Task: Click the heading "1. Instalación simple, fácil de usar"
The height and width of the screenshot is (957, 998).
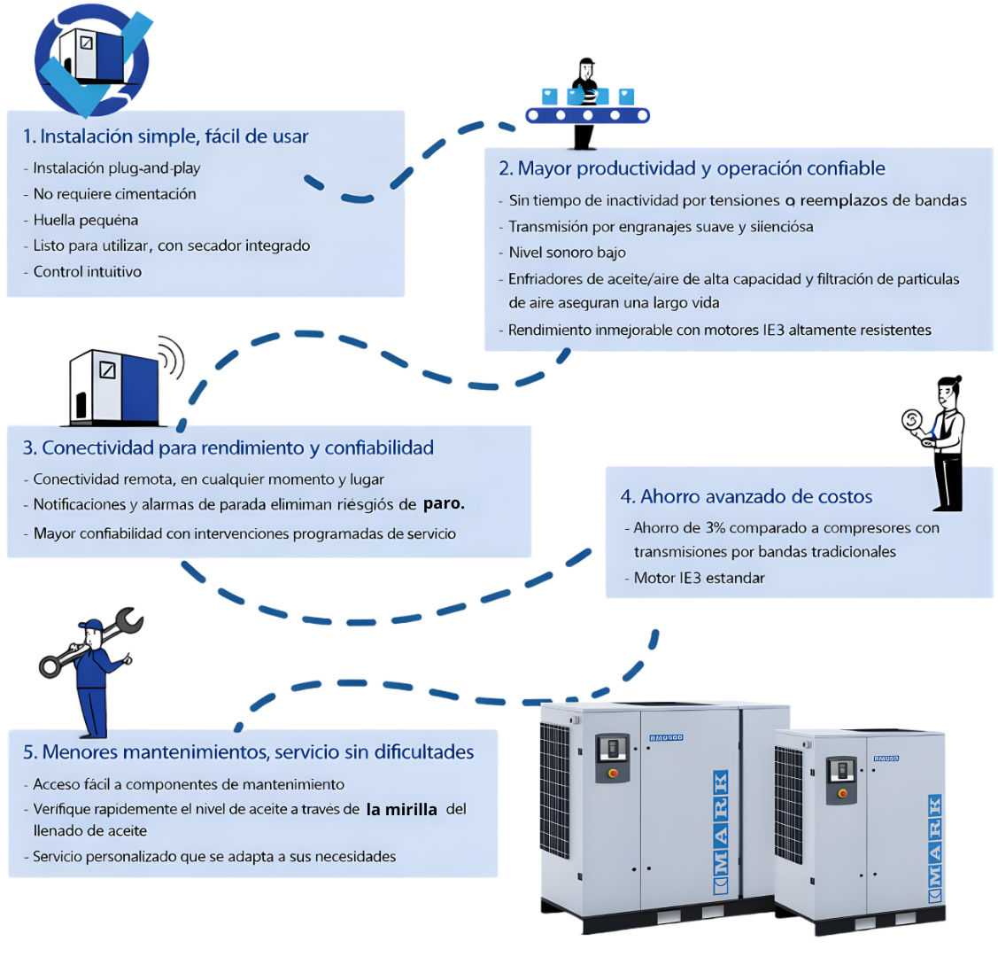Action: (166, 136)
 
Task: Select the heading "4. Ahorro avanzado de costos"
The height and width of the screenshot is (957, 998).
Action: (747, 497)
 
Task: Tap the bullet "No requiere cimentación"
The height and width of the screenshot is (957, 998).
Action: (114, 194)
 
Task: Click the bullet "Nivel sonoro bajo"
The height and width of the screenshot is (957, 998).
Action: (567, 253)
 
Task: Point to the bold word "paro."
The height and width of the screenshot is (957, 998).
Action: (444, 504)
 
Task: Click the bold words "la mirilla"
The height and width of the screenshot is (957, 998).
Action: (401, 809)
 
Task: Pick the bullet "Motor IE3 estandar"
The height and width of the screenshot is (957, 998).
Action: (699, 578)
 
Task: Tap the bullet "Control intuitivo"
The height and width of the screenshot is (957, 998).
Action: (87, 272)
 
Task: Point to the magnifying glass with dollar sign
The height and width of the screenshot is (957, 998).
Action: (913, 420)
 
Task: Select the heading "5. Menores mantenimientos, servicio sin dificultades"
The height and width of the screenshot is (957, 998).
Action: (248, 752)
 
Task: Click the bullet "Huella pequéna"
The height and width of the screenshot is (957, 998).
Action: (85, 221)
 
